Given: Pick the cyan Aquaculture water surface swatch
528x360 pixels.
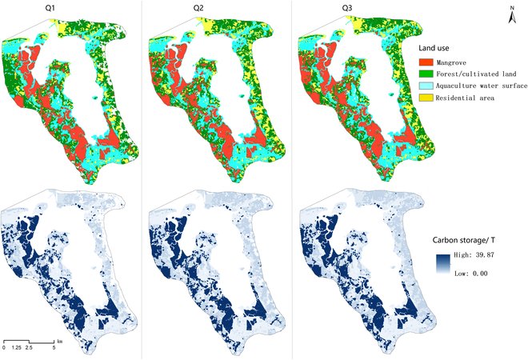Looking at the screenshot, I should [x=430, y=85].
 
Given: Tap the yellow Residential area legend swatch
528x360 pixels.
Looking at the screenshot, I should [x=430, y=97].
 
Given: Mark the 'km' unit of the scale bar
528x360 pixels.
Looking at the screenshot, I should [x=59, y=340].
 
